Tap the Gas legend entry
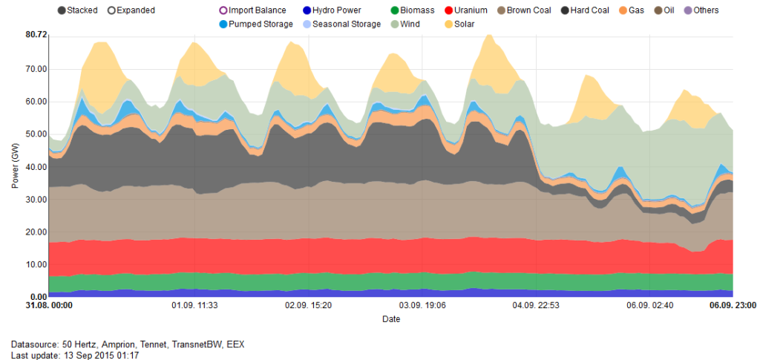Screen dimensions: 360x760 click(x=632, y=10)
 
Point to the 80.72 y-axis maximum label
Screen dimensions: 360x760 click(x=36, y=35)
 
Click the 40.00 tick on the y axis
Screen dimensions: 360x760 click(x=36, y=167)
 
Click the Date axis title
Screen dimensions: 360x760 click(x=391, y=319)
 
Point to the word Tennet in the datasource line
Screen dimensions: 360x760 click(x=157, y=344)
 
